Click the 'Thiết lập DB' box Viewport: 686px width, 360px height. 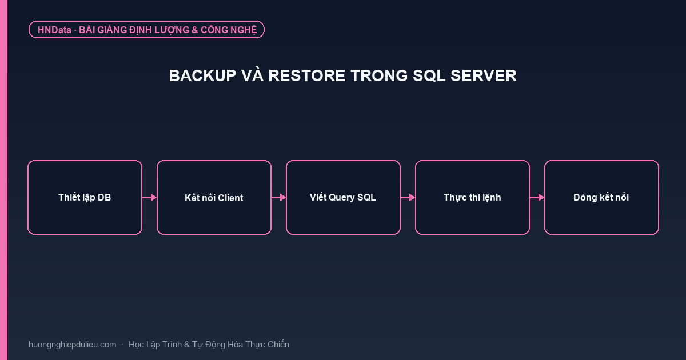tap(85, 198)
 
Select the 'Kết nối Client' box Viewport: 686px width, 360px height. tap(214, 198)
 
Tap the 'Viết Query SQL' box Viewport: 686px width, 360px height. tap(343, 198)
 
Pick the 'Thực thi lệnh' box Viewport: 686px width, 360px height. tap(472, 198)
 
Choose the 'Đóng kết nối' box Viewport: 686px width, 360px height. tap(601, 198)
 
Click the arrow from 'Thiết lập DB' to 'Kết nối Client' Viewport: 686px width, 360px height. tap(149, 198)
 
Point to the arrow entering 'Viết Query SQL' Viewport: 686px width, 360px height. tap(279, 198)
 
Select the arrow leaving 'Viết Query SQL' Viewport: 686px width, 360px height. tap(408, 198)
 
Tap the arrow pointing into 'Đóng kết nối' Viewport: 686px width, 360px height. tap(537, 198)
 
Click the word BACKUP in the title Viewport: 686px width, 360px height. tap(202, 75)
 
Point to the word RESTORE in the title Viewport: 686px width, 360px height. tap(307, 75)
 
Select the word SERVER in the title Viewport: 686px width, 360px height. tap(484, 75)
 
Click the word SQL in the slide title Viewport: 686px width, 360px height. tap(429, 76)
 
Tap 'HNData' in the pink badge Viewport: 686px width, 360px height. tap(54, 30)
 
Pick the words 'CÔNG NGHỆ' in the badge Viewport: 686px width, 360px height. tap(229, 30)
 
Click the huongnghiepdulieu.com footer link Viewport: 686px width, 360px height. tap(72, 345)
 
